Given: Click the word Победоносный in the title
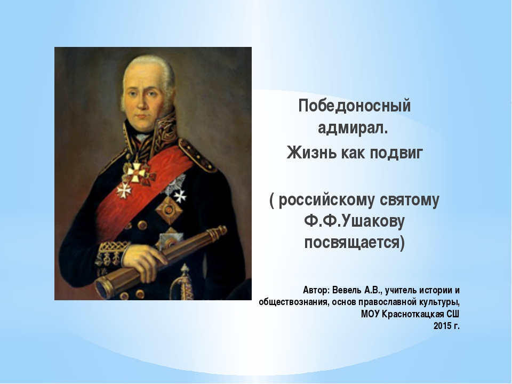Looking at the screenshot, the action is pos(354,106).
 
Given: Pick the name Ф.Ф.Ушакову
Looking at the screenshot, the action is pos(354,221).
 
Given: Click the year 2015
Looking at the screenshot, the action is pos(442,326).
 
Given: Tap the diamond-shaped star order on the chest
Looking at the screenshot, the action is pos(168,210).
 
